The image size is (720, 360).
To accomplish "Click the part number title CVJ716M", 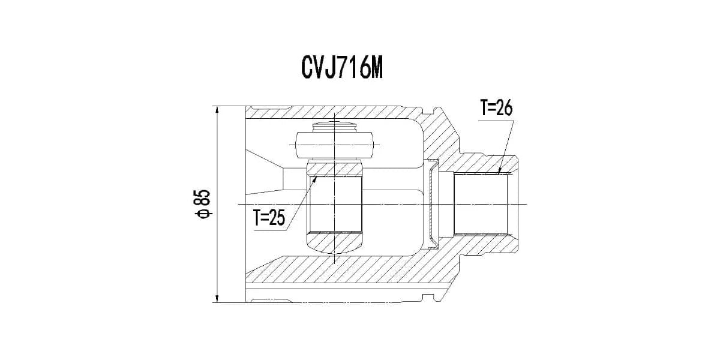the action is (x=342, y=68).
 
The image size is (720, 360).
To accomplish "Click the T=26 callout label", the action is (x=496, y=107).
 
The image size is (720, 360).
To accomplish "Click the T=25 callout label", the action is (x=269, y=218).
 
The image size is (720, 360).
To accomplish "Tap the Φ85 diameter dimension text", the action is (x=205, y=205).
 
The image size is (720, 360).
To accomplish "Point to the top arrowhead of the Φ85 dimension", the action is (x=217, y=110).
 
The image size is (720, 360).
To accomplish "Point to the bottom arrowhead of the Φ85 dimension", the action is (x=217, y=299).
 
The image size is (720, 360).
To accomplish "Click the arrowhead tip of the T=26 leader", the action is (x=499, y=173).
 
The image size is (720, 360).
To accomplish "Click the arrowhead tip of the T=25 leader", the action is (x=317, y=176).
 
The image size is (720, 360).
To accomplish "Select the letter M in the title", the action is (x=376, y=68).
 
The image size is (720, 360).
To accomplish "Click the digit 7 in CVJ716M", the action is (x=345, y=68).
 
